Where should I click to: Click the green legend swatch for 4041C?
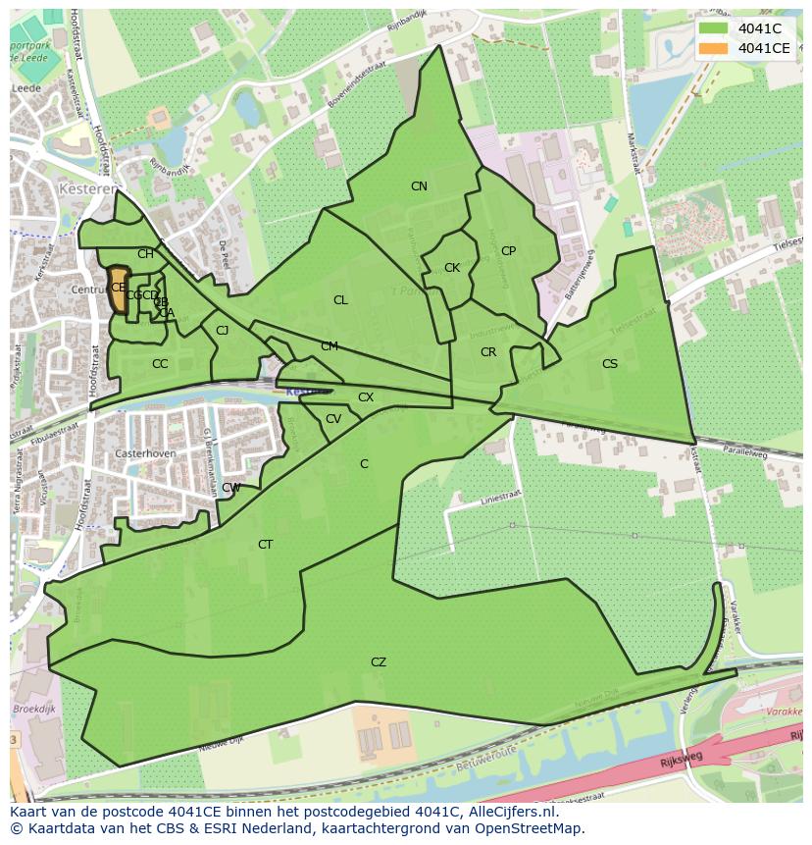pyautogui.click(x=713, y=27)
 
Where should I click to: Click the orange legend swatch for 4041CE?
pyautogui.click(x=713, y=48)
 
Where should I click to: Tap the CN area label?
pyautogui.click(x=419, y=186)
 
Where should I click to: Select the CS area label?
pyautogui.click(x=610, y=364)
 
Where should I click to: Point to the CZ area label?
pyautogui.click(x=379, y=662)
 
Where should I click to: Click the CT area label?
pyautogui.click(x=265, y=545)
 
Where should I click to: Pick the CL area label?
pyautogui.click(x=340, y=300)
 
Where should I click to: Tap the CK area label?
pyautogui.click(x=452, y=268)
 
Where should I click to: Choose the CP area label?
pyautogui.click(x=508, y=251)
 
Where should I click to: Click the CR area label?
pyautogui.click(x=488, y=352)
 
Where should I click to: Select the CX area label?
pyautogui.click(x=366, y=397)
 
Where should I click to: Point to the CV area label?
pyautogui.click(x=333, y=419)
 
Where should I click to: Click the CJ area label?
pyautogui.click(x=223, y=331)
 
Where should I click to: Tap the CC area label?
pyautogui.click(x=160, y=364)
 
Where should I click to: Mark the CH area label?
pyautogui.click(x=145, y=254)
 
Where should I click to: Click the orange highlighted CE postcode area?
pyautogui.click(x=119, y=290)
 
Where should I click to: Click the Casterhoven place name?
pyautogui.click(x=144, y=454)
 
